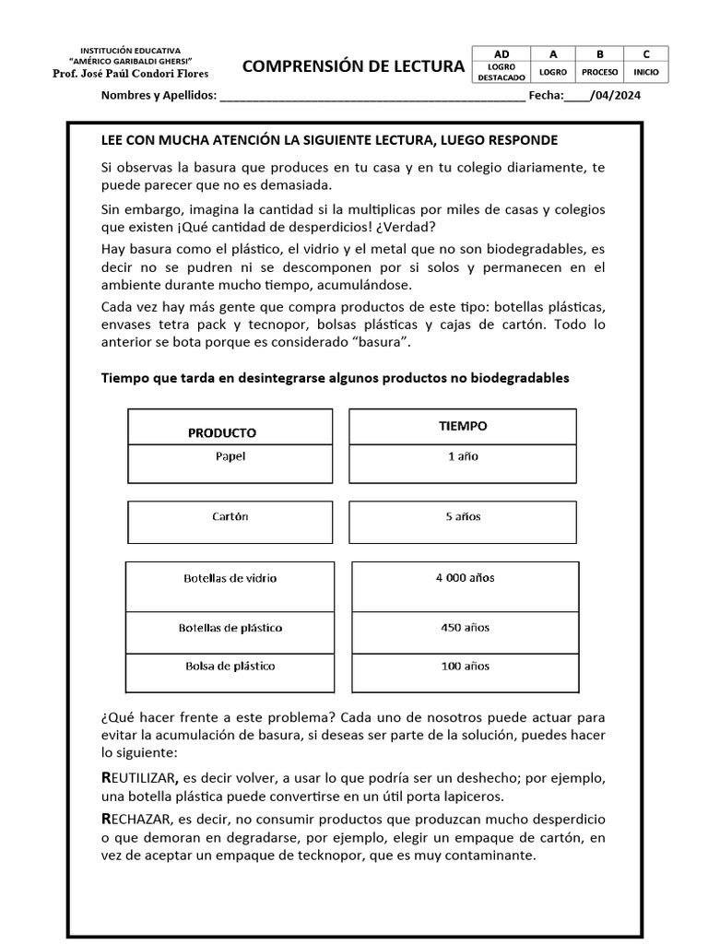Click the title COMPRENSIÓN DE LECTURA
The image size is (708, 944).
click(353, 66)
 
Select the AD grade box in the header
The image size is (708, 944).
click(501, 54)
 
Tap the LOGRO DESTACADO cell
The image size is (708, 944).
click(501, 72)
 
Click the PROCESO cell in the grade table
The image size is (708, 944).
click(600, 72)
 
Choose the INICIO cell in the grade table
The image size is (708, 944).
click(646, 72)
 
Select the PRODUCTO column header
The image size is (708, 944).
click(222, 432)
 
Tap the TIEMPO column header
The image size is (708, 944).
click(463, 426)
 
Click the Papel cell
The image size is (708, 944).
click(230, 455)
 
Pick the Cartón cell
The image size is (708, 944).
click(230, 517)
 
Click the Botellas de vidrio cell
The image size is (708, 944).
click(230, 579)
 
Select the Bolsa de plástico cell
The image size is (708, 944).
click(230, 667)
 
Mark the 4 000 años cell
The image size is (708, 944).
click(465, 578)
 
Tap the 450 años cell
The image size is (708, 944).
click(465, 628)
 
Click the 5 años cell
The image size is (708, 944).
click(463, 517)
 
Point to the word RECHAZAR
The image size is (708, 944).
click(135, 820)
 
